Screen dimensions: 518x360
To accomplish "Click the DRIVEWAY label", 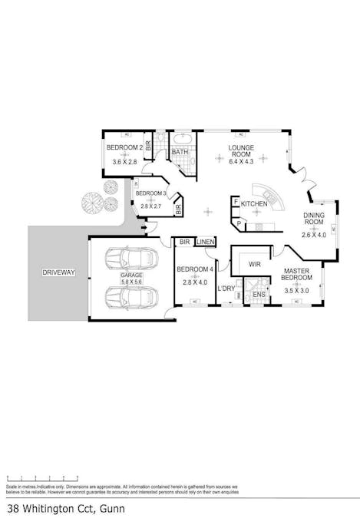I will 58,272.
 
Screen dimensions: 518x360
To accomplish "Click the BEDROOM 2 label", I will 124,147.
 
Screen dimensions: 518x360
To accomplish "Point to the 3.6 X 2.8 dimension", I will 124,162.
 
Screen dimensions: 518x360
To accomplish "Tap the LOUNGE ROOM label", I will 241,150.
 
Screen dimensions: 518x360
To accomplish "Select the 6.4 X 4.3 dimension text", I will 241,162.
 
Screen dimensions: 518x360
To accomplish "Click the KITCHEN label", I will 254,204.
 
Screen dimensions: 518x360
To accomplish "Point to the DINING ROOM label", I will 315,220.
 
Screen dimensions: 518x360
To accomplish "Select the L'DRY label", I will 226,289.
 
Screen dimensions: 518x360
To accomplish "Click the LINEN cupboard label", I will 205,243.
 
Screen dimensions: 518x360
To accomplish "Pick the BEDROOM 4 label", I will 195,269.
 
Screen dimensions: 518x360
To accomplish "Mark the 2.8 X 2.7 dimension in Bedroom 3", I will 150,206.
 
